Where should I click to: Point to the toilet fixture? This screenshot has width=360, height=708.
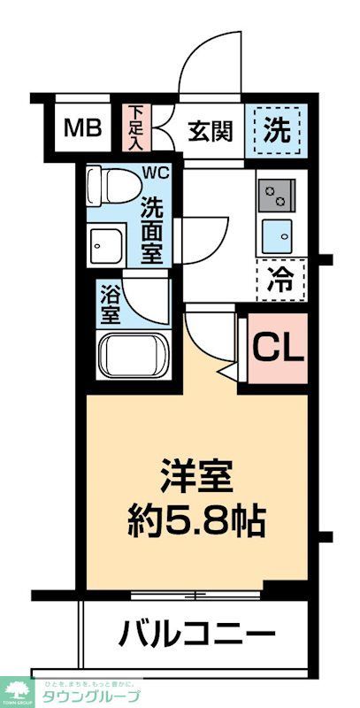[112, 186]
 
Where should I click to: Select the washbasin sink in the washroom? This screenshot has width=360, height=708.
[110, 243]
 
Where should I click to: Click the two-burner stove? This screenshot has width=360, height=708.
[276, 195]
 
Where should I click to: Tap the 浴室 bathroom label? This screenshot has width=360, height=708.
[110, 303]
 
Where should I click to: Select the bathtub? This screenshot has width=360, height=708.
[133, 356]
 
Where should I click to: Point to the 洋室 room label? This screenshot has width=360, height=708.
[195, 478]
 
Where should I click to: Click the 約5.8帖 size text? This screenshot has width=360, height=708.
[195, 520]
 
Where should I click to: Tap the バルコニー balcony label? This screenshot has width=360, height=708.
[196, 635]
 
